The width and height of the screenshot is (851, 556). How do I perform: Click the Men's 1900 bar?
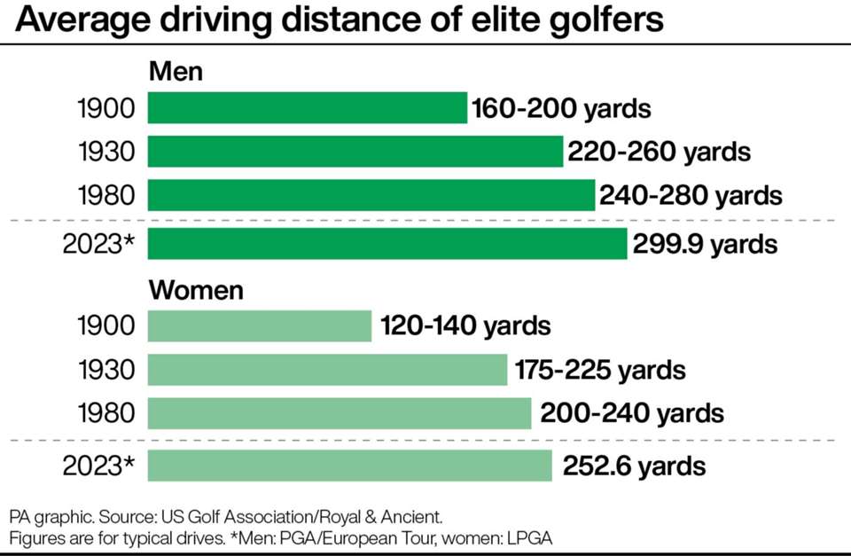coord(307,108)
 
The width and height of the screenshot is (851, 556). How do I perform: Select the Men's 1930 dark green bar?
coord(355,152)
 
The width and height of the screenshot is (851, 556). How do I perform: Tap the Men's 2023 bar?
coord(387,244)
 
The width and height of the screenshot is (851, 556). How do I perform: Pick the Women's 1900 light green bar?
coord(259,325)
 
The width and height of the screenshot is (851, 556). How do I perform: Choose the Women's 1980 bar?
coord(339,413)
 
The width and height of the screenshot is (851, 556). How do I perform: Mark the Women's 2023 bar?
coord(349,466)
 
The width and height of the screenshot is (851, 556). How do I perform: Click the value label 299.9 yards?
coord(705,244)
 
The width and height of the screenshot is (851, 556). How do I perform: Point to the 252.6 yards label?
coord(633,466)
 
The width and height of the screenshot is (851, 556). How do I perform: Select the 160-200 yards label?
coord(561,109)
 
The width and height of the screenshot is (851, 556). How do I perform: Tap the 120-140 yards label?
coord(465,325)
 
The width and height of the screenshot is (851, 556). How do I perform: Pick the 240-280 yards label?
coord(691,194)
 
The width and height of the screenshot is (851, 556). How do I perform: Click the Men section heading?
coord(176,71)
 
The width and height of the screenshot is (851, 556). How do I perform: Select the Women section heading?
coord(196,290)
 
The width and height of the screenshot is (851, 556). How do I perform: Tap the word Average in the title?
coord(76,20)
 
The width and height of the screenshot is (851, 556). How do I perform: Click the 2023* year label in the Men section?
coord(98,244)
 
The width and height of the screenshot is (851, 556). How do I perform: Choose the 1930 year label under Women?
coord(105,370)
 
